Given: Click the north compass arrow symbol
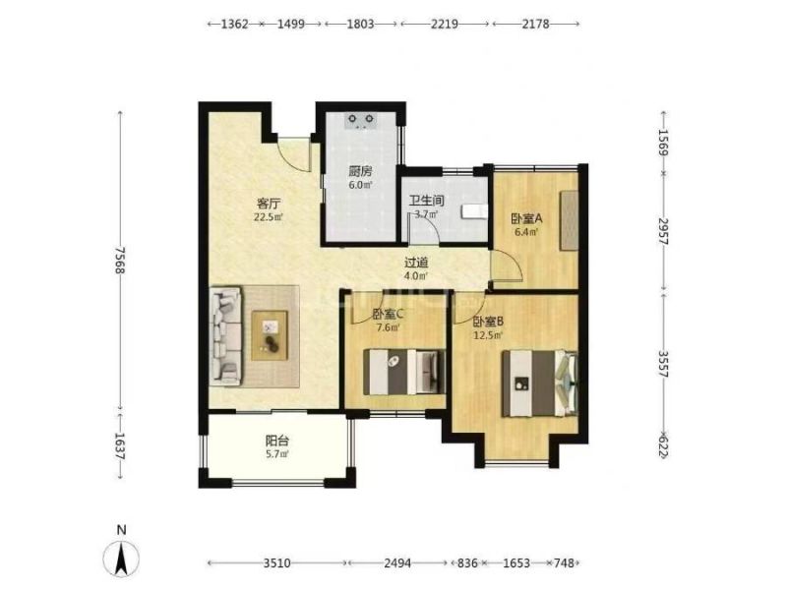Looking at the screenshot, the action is click(121, 559).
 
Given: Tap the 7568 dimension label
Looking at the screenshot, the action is click(119, 260).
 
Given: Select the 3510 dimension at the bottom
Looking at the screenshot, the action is click(277, 563).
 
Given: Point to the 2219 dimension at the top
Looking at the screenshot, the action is click(445, 24).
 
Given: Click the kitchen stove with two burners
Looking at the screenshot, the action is click(361, 121).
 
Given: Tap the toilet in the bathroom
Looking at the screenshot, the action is click(473, 211).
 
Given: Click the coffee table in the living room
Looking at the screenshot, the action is click(270, 335).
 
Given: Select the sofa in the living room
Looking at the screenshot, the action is click(225, 336).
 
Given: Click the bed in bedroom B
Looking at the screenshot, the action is click(539, 383).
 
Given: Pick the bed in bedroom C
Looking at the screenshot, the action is click(404, 372).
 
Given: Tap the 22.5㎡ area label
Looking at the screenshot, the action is click(269, 217).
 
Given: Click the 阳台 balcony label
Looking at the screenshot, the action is click(277, 442).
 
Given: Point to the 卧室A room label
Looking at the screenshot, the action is click(527, 218).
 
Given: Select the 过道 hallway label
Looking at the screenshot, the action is click(416, 263).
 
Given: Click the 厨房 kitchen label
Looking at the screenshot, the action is click(360, 171).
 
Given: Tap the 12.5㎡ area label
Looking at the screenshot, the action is click(488, 335).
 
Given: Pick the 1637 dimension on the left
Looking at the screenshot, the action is click(119, 447).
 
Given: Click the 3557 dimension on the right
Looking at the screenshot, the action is click(663, 364).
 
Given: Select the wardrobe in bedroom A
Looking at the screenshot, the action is click(570, 220).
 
